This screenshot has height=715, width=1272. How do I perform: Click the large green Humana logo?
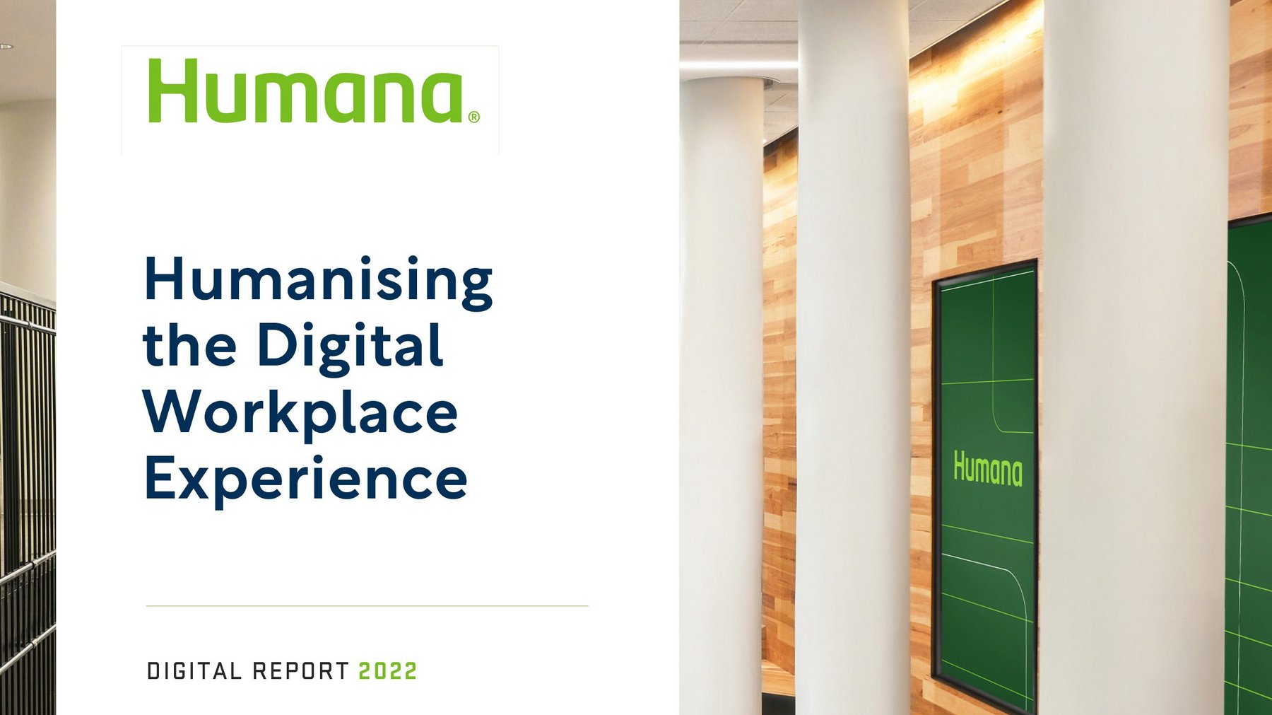pyautogui.click(x=306, y=91)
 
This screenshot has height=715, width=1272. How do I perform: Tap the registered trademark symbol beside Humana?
pyautogui.click(x=473, y=117)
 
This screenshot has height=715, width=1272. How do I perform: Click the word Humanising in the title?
pyautogui.click(x=318, y=281)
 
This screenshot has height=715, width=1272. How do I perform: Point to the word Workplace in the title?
pyautogui.click(x=300, y=412)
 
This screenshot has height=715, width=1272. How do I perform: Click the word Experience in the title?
pyautogui.click(x=305, y=479)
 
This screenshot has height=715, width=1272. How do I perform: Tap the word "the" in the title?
pyautogui.click(x=189, y=346)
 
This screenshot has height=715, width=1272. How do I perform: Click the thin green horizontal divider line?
pyautogui.click(x=367, y=606)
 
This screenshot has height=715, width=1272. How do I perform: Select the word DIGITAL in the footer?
pyautogui.click(x=194, y=671)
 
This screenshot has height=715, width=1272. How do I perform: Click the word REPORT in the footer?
pyautogui.click(x=301, y=671)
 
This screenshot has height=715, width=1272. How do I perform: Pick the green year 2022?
pyautogui.click(x=388, y=671)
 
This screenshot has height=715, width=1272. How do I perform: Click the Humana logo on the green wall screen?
pyautogui.click(x=987, y=469)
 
